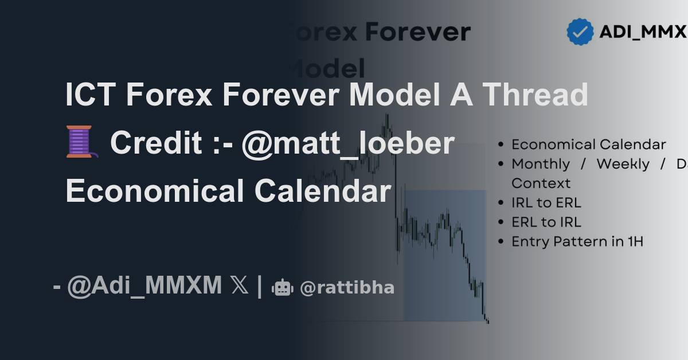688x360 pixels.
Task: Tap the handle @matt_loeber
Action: (347, 143)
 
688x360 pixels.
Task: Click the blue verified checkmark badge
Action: (580, 32)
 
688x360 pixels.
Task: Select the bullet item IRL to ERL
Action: (546, 203)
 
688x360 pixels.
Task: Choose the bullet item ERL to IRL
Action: (546, 222)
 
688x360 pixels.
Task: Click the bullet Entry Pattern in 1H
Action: (577, 242)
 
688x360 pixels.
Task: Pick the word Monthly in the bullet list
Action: (541, 164)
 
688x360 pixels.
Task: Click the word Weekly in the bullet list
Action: (623, 164)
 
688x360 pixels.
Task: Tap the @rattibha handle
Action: (347, 288)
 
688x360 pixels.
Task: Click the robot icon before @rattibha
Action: (282, 287)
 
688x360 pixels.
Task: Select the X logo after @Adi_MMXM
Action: (240, 285)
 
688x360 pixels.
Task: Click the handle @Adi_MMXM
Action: (144, 285)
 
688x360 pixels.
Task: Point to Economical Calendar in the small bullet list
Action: (589, 144)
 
